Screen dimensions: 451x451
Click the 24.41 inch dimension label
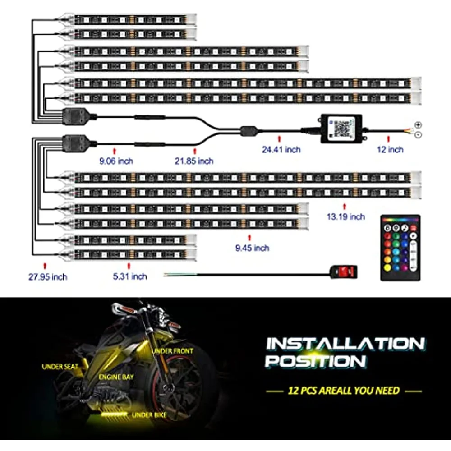pos(281,150)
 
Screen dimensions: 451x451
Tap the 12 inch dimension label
pos(390,150)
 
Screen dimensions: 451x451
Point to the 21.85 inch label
pos(195,161)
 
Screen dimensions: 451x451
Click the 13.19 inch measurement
pos(345,217)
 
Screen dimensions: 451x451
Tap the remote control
pos(400,248)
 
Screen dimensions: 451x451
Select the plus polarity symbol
pos(418,125)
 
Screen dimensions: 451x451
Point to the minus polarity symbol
pos(418,134)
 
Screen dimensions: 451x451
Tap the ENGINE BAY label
pos(116,377)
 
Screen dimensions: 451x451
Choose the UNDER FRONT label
pos(172,351)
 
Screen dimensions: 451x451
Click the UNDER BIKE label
pos(149,414)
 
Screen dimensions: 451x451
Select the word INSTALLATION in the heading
pos(345,344)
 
